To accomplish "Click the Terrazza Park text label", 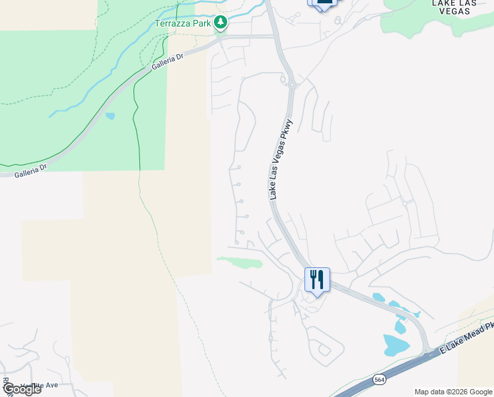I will tap(182, 23).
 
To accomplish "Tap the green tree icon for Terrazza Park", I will tap(221, 23).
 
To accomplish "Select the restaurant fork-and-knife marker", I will tap(317, 280).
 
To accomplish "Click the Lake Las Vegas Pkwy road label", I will tap(281, 157).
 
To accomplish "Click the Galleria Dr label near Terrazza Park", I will tap(166, 62).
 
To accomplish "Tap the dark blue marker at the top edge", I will tap(322, 3).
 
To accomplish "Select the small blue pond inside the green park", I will tap(110, 116).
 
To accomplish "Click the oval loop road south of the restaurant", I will tap(324, 350).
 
